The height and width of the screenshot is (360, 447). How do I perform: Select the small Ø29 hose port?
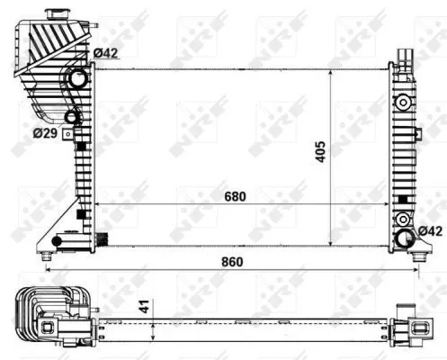coord(72,116)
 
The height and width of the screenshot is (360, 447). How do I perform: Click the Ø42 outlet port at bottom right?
coord(406,239)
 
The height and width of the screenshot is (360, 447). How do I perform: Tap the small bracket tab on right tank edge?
coord(417,134)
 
